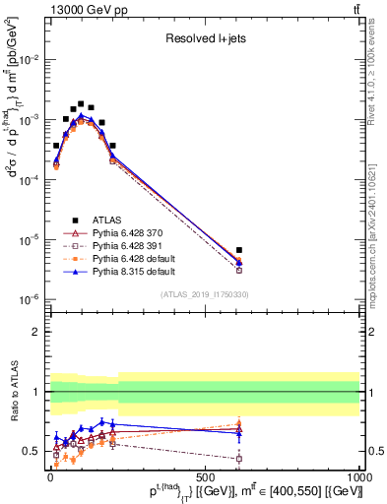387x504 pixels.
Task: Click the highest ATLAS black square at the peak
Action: [81, 103]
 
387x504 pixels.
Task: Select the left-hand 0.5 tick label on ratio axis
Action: [33, 451]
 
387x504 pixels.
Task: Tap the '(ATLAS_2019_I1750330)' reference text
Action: [205, 294]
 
